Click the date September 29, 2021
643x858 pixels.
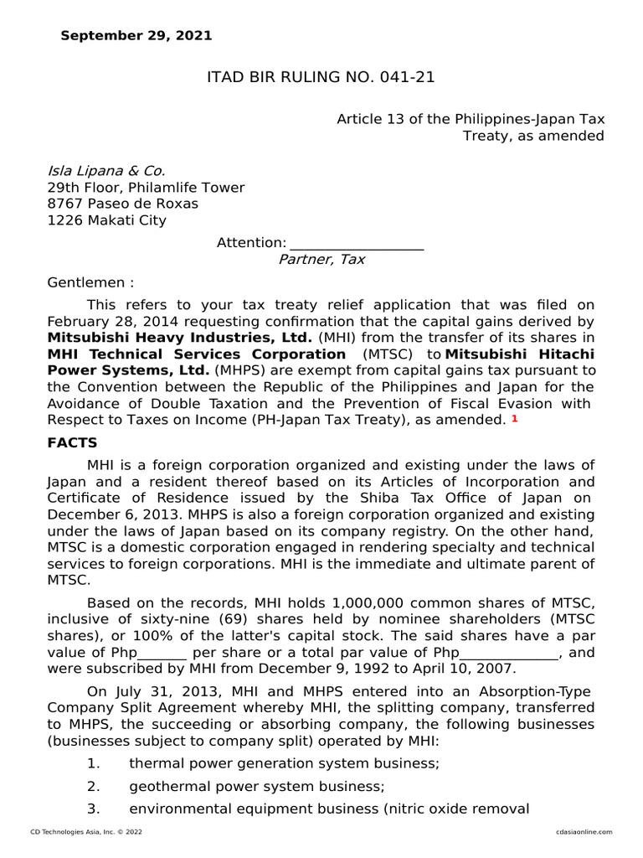click(136, 35)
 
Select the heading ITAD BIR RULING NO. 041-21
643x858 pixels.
click(321, 78)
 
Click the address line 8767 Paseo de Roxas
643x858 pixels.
click(122, 204)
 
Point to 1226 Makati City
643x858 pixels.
click(106, 220)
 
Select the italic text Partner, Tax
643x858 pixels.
click(321, 259)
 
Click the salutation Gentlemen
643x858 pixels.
click(90, 282)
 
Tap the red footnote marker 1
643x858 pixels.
click(515, 419)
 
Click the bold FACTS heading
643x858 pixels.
click(72, 442)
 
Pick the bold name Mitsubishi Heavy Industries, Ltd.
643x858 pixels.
click(180, 337)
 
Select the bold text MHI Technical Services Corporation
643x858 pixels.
click(197, 354)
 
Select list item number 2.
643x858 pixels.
click(94, 786)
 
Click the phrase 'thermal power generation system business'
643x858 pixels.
click(284, 763)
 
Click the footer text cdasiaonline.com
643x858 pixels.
click(584, 831)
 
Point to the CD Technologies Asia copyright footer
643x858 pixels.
click(86, 831)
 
